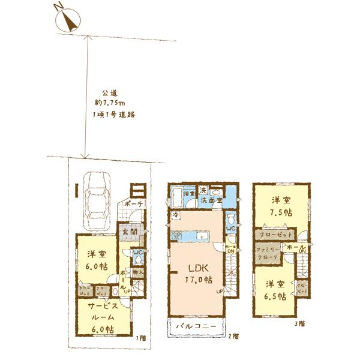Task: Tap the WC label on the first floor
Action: tap(137, 253)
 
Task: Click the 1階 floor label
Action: tap(141, 338)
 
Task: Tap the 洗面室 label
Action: tap(211, 200)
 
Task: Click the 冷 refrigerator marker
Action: tap(176, 214)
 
